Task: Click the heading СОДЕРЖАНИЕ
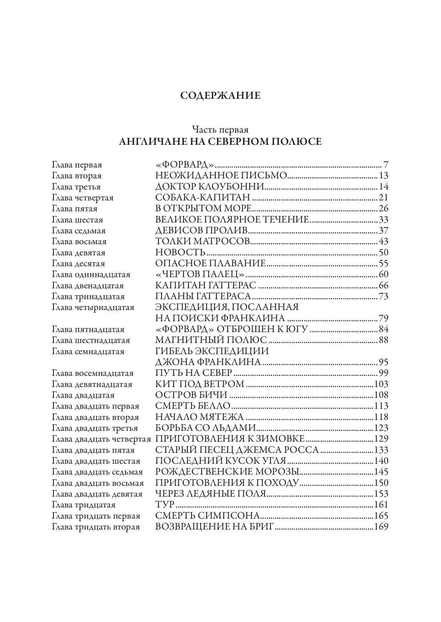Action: click(x=220, y=96)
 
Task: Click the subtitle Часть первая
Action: click(x=220, y=129)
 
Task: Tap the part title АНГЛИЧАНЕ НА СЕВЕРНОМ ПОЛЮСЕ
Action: click(x=220, y=142)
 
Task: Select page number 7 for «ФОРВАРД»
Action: click(x=386, y=165)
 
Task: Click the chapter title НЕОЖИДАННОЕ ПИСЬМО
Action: click(x=221, y=176)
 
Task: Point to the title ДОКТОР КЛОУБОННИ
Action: click(x=210, y=187)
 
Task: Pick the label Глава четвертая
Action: click(x=83, y=198)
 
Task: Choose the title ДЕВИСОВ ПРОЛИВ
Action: click(x=202, y=230)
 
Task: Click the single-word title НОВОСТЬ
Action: click(x=180, y=252)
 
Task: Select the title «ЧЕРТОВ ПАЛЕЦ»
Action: click(x=200, y=274)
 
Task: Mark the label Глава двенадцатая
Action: click(x=88, y=285)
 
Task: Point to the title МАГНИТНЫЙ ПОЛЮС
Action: click(x=211, y=340)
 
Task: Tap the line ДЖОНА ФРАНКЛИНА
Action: click(x=208, y=362)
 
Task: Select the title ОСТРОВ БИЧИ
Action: click(x=191, y=395)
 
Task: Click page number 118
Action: click(x=381, y=417)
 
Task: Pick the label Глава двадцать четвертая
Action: click(x=101, y=439)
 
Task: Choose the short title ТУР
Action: click(x=165, y=505)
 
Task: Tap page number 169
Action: click(x=381, y=527)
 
